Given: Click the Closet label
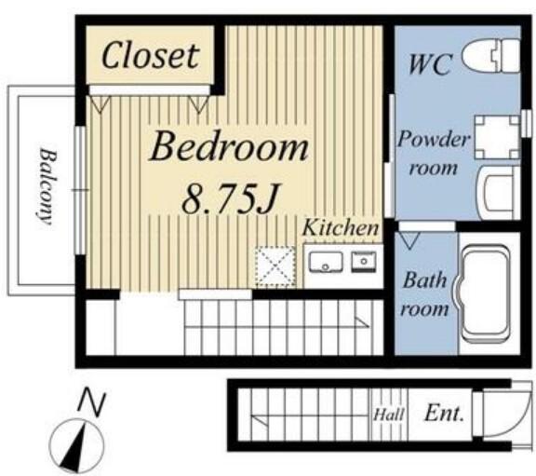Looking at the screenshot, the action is coord(151,56).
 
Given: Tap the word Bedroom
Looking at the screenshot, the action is coord(229,147).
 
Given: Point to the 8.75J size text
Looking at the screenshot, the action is coord(232,198).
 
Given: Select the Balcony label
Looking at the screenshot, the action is coord(47,186).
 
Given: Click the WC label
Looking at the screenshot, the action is coord(430,64).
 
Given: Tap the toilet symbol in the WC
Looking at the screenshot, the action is coord(491,56).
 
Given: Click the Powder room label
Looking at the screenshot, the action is coord(434,154).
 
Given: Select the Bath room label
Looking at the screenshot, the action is coord(425,294).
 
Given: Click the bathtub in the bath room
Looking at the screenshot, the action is coord(486,292).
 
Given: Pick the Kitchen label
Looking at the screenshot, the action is coord(341,227).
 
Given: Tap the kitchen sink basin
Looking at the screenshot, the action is coord(326,262).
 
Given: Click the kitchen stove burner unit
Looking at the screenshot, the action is coord(364,262).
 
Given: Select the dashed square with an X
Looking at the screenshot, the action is coord(275,266).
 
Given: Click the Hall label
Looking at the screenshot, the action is coord(389,415).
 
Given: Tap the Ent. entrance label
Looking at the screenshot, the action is coord(445,414).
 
